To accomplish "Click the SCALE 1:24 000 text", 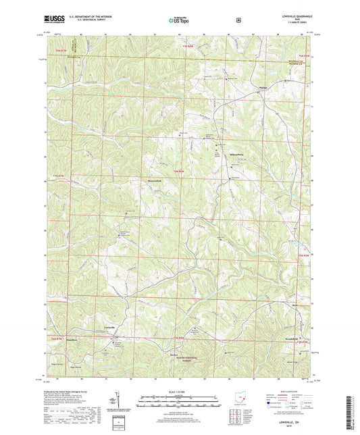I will tap(179, 390).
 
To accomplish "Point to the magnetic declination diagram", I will tap(120, 404).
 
